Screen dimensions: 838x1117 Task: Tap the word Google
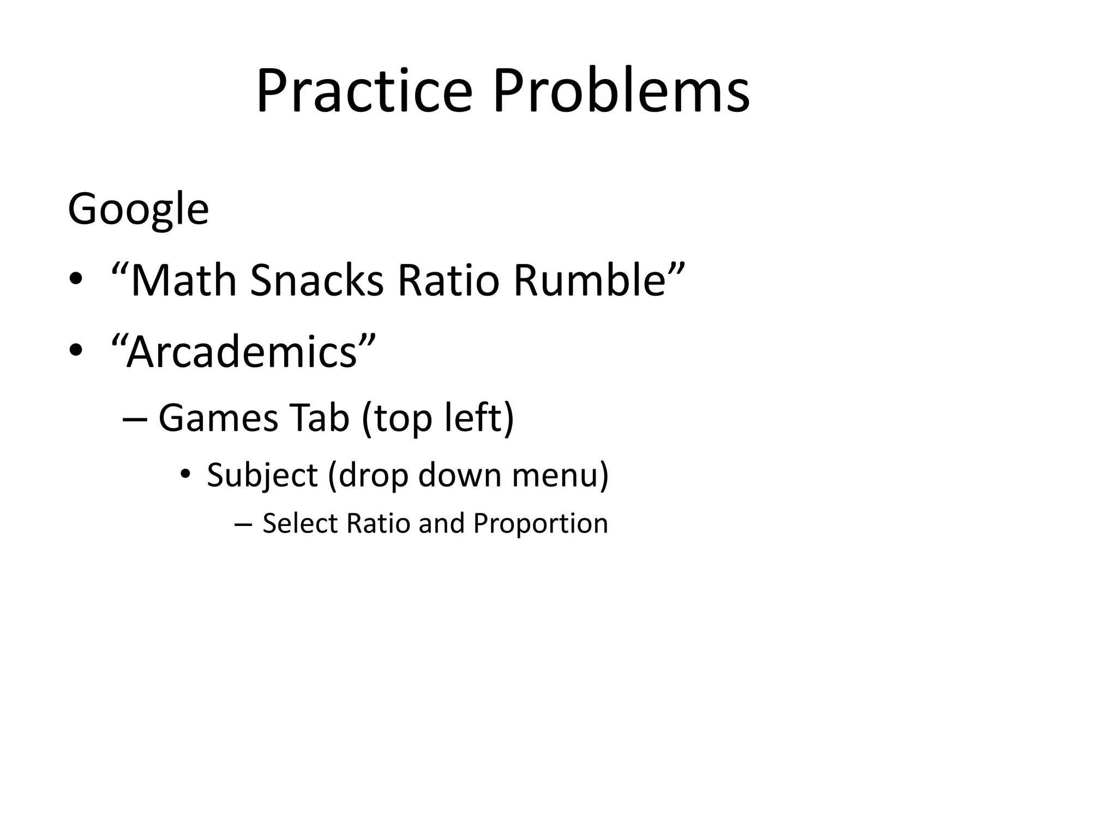coord(138,209)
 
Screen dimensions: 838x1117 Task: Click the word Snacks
coord(317,280)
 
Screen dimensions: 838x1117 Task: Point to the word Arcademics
coord(242,352)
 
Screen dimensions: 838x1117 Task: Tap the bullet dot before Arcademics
coord(76,351)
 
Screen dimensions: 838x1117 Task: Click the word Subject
coord(262,475)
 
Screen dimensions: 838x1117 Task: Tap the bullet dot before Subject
coord(185,474)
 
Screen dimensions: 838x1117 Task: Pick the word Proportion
coord(540,524)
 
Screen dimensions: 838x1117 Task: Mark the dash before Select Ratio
coord(243,525)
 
